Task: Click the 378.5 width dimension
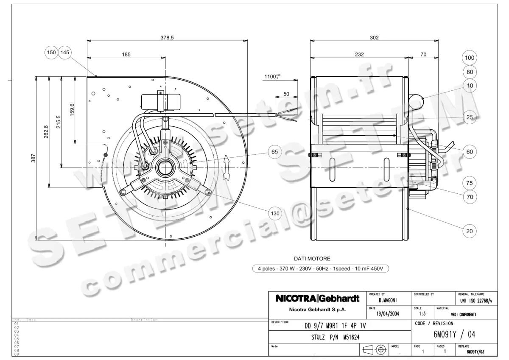click(167, 37)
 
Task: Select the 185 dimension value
click(126, 54)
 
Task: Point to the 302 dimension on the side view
click(374, 37)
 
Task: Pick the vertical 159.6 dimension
click(72, 110)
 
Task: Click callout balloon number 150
click(51, 52)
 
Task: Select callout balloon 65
click(275, 152)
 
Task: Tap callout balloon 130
click(275, 213)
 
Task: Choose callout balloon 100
click(470, 57)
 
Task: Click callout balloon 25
click(470, 117)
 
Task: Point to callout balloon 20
click(470, 231)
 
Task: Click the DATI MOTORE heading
click(312, 258)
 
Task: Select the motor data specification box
click(320, 268)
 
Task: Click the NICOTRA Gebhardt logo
click(318, 299)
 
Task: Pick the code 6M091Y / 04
click(454, 334)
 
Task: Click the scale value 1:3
click(422, 314)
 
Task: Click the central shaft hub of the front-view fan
click(165, 168)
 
